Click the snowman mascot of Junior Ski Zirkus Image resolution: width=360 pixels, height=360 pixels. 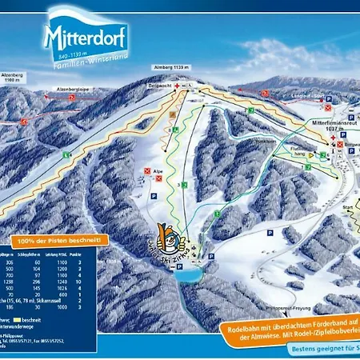click(169, 236)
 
